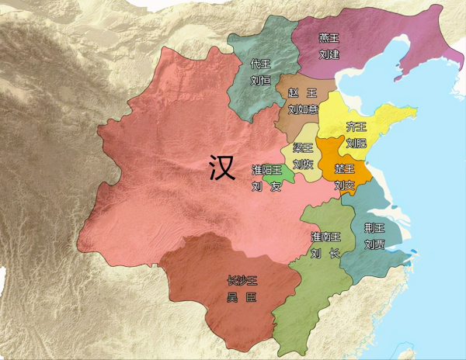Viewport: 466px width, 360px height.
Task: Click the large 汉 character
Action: point(222,168)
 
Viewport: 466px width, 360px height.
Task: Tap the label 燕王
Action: point(329,37)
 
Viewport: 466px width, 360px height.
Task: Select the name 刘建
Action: point(329,54)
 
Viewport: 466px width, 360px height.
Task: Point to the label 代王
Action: point(261,64)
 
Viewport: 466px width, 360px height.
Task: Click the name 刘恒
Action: point(261,81)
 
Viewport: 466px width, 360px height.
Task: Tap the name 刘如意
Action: point(302,109)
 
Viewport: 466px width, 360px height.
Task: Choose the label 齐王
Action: point(356,126)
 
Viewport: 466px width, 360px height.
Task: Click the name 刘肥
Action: point(356,143)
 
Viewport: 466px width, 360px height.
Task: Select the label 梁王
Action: point(303,147)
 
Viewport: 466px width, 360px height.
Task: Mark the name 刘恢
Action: point(303,164)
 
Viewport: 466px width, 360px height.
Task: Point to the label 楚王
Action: point(344,168)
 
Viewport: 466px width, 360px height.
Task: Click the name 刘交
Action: point(344,185)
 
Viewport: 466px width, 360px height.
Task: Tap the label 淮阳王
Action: point(266,170)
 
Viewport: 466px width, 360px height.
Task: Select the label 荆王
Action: point(374,227)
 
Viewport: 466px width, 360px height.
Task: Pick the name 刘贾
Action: point(374,244)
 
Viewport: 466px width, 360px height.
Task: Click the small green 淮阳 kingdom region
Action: point(280,181)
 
